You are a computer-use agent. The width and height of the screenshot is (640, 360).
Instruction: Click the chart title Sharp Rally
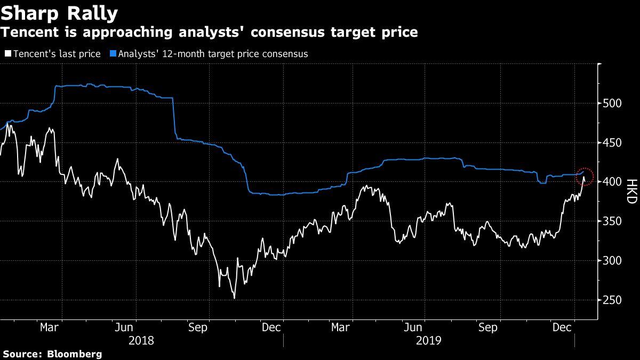point(59,12)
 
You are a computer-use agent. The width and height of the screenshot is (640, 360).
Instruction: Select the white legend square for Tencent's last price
point(7,54)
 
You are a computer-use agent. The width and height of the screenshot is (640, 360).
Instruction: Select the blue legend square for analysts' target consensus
point(113,54)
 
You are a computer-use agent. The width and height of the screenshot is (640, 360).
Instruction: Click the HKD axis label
point(631,191)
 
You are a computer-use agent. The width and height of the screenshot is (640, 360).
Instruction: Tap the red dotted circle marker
point(585,175)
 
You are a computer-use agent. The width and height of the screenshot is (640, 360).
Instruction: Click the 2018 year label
point(142,340)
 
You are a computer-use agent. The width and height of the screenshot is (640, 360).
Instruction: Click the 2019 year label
point(429,340)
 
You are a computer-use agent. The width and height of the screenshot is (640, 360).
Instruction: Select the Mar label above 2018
point(50,327)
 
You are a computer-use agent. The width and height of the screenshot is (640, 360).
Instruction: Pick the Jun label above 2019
point(415,327)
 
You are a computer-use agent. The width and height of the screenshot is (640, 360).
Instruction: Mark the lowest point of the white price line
point(234,298)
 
